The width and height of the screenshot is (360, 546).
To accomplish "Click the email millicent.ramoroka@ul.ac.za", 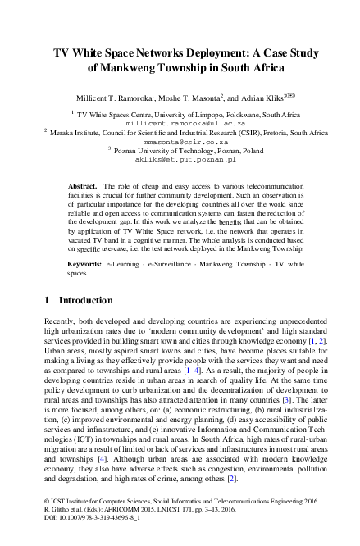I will [x=180, y=120].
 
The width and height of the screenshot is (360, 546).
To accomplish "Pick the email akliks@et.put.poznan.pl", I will [x=180, y=159].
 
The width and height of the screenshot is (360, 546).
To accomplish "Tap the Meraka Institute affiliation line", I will [x=185, y=130].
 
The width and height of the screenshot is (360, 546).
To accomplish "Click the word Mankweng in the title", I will [x=130, y=67].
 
